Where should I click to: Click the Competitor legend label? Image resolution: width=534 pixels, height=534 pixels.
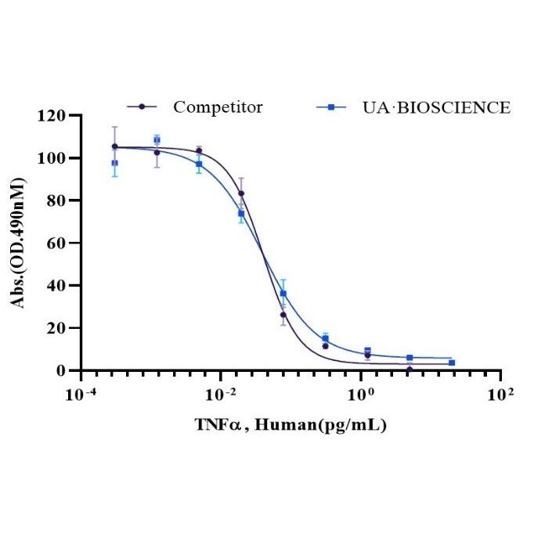[x=218, y=107]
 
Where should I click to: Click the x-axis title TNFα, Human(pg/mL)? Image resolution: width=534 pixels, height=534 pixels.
[x=290, y=425]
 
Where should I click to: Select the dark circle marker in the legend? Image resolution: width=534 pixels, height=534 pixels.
[x=142, y=107]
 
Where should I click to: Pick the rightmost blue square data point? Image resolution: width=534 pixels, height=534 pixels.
[x=452, y=363]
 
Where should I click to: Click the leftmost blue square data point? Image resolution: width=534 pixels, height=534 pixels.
[x=115, y=163]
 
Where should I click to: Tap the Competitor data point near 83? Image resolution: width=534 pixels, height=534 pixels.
[x=241, y=193]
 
